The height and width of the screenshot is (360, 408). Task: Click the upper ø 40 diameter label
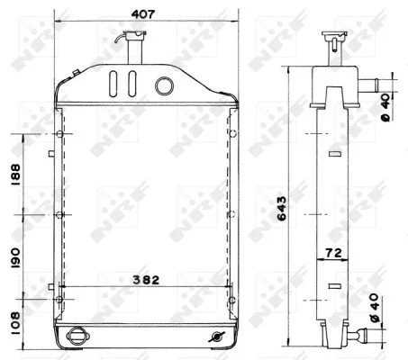(385, 107)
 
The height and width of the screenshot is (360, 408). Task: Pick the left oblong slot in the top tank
(113, 85)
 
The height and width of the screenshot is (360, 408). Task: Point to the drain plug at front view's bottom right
(214, 336)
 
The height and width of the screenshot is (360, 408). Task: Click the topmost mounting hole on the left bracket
(59, 135)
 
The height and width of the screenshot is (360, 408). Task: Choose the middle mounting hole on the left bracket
(59, 215)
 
